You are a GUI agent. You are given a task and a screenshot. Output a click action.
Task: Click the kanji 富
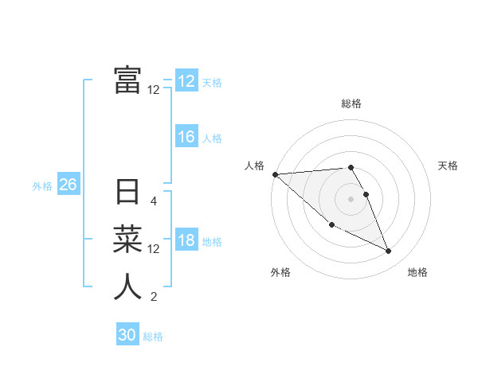pyautogui.click(x=127, y=80)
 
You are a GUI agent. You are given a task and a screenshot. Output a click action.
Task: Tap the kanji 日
pyautogui.click(x=127, y=192)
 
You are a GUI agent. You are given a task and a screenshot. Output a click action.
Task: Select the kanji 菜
pyautogui.click(x=127, y=239)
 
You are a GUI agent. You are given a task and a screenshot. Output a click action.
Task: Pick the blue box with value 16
pyautogui.click(x=186, y=138)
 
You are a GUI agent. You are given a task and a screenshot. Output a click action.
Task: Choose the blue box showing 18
pyautogui.click(x=186, y=241)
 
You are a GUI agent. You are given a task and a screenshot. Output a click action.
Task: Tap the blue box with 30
pyautogui.click(x=127, y=336)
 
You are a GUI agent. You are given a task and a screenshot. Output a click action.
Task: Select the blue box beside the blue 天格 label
pyautogui.click(x=186, y=81)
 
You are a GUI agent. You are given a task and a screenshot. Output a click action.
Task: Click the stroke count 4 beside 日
pyautogui.click(x=154, y=201)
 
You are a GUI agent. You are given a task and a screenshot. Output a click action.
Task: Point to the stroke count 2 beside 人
pyautogui.click(x=154, y=298)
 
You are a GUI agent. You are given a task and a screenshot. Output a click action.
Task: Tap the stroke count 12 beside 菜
pyautogui.click(x=154, y=249)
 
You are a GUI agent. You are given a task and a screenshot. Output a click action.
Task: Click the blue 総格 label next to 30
pyautogui.click(x=153, y=337)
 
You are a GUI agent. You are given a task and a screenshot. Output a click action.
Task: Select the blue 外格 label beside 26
pyautogui.click(x=42, y=186)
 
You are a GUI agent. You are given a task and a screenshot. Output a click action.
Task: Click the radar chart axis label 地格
pyautogui.click(x=417, y=273)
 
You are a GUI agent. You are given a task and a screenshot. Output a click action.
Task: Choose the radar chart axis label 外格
pyautogui.click(x=280, y=273)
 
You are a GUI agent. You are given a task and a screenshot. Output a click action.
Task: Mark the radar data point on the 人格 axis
pyautogui.click(x=275, y=174)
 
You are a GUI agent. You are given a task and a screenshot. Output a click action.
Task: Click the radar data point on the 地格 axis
pyautogui.click(x=389, y=251)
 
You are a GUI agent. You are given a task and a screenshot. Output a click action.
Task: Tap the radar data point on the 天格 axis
pyautogui.click(x=366, y=194)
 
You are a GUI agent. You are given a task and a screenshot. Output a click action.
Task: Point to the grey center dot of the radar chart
pyautogui.click(x=351, y=199)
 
